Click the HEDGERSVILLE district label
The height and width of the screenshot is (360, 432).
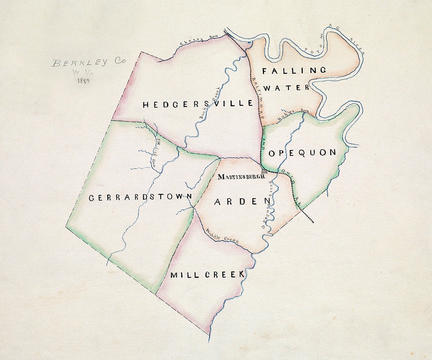[x=198, y=104]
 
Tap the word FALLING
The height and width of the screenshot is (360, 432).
[x=294, y=71]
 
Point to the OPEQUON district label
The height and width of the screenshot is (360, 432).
[x=302, y=153]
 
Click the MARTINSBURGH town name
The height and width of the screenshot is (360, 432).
[x=241, y=176]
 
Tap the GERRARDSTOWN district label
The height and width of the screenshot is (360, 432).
[x=141, y=197]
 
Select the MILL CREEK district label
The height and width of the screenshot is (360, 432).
[x=207, y=274]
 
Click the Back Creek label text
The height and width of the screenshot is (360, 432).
[x=210, y=102]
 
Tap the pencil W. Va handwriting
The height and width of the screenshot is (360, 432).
[x=83, y=72]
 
